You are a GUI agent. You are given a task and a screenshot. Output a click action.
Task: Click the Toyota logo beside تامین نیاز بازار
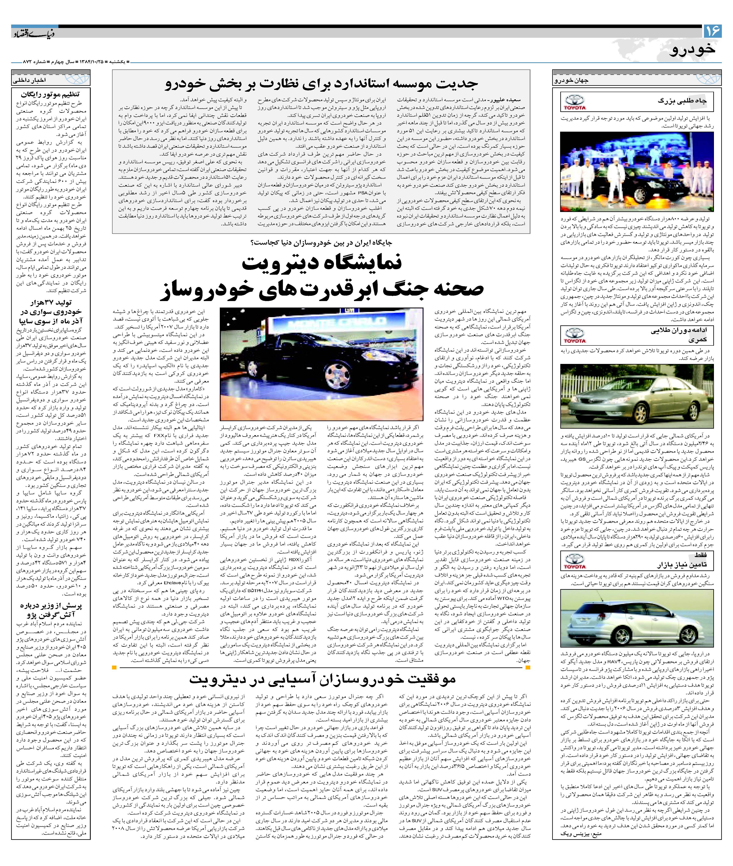click(x=575, y=561)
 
